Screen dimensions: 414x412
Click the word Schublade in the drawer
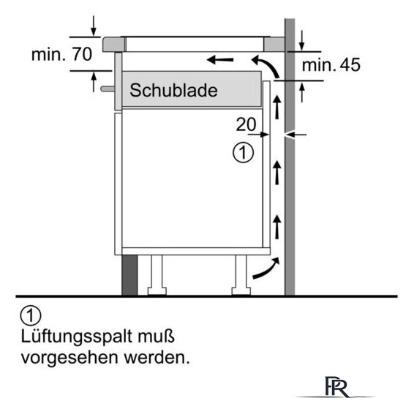[173, 90]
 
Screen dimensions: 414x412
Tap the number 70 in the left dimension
[82, 54]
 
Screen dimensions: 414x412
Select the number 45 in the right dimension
[350, 64]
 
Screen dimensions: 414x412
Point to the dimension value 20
[246, 124]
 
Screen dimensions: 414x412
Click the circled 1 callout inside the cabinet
[243, 152]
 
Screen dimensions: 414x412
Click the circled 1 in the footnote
[31, 316]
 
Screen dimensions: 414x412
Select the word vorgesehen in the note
[69, 359]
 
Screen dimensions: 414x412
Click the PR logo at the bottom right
[336, 386]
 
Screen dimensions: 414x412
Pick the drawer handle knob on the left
[108, 89]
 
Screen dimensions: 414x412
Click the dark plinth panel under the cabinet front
[129, 275]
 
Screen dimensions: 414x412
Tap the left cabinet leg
[157, 275]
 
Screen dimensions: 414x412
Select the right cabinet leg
[241, 275]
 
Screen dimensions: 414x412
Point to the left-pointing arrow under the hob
[220, 60]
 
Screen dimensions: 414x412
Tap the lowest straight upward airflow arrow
[276, 227]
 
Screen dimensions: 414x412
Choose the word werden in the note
[157, 358]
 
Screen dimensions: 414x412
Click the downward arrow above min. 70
[93, 26]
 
